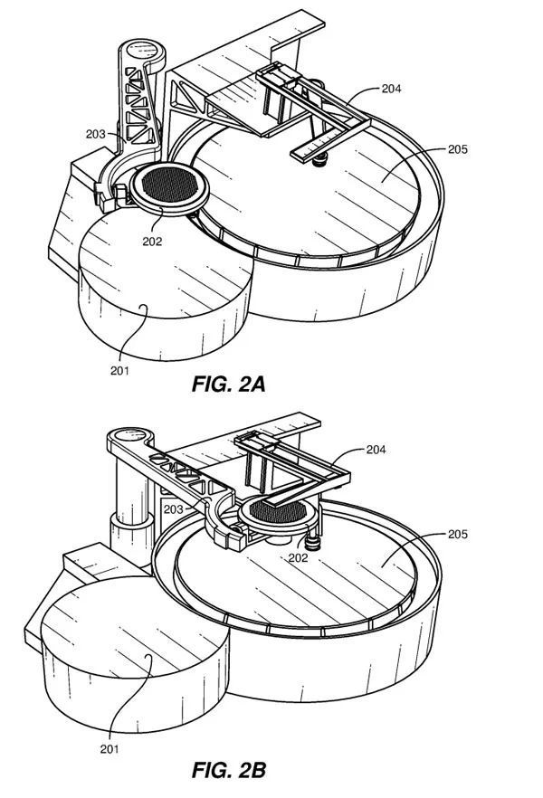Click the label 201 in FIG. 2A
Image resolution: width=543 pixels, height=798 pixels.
tap(119, 371)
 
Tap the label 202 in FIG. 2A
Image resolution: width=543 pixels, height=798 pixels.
tap(152, 242)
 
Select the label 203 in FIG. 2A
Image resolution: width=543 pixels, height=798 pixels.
tap(95, 134)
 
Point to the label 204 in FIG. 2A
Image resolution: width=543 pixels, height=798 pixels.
tap(391, 89)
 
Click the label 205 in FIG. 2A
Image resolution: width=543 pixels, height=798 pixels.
tap(458, 149)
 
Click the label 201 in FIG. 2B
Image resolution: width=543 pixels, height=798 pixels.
tap(110, 748)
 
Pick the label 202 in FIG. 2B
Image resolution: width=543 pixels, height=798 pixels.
tap(299, 557)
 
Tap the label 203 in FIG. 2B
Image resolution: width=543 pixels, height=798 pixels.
tap(173, 508)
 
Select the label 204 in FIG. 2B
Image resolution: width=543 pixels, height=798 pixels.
tap(376, 450)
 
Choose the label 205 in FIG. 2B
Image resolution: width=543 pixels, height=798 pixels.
tap(458, 534)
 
